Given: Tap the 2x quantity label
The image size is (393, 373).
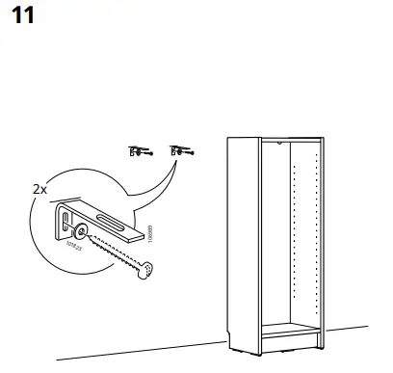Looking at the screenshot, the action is (x=39, y=189).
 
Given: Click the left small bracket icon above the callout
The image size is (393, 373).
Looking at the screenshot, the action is (x=138, y=150).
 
